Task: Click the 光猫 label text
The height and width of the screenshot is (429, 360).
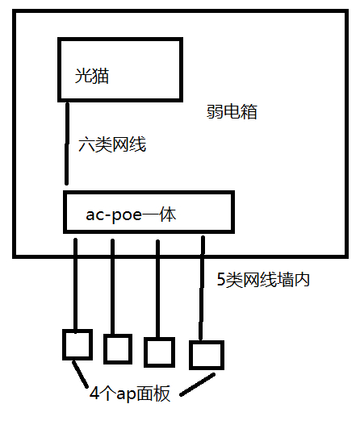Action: (x=92, y=76)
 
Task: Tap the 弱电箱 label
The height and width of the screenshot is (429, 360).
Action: (x=232, y=111)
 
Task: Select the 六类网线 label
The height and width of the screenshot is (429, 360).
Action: (x=112, y=144)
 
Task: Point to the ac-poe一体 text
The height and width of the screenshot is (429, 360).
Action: (x=131, y=215)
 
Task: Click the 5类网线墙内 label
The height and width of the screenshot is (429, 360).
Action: (x=263, y=280)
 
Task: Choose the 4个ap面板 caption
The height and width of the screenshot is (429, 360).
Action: (x=130, y=394)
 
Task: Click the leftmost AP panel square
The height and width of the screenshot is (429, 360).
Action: (x=77, y=345)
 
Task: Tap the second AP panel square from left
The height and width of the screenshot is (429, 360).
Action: (x=118, y=349)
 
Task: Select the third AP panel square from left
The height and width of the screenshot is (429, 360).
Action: (x=159, y=352)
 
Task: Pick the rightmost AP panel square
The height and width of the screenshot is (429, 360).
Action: (x=207, y=355)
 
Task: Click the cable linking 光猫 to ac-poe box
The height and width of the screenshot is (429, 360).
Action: (x=67, y=143)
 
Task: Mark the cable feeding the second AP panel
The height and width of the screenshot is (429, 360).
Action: (x=113, y=287)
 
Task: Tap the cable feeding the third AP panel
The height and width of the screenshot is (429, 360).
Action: (x=157, y=289)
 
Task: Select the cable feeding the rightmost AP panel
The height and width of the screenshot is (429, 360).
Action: (x=202, y=288)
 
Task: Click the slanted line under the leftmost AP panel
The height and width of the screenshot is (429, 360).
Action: (x=80, y=374)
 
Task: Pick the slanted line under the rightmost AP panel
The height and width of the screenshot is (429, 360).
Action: (x=197, y=385)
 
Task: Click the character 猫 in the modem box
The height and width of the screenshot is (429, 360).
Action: (x=101, y=76)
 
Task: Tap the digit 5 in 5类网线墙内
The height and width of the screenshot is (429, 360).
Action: (x=220, y=280)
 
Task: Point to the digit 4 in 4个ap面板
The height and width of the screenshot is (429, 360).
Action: (x=94, y=394)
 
